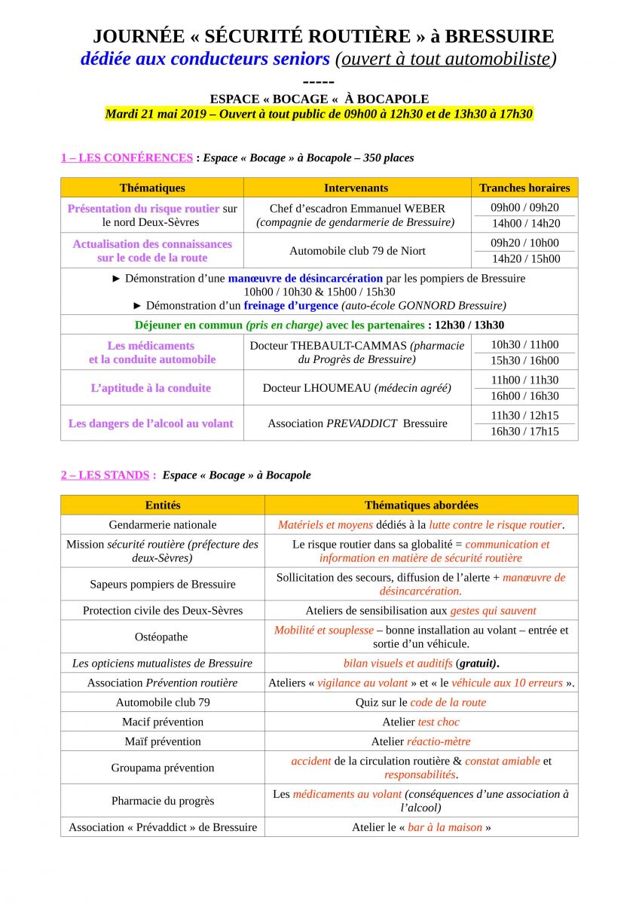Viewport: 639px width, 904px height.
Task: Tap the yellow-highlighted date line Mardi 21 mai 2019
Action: click(319, 115)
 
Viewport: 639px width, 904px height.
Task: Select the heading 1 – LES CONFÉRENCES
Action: click(127, 157)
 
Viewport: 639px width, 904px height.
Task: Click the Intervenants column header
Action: click(356, 188)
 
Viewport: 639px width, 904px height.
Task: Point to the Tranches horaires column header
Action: click(524, 188)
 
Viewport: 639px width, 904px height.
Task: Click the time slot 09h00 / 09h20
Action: click(524, 207)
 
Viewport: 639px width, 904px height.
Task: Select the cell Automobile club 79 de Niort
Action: click(356, 251)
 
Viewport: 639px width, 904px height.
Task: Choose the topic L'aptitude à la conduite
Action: click(151, 388)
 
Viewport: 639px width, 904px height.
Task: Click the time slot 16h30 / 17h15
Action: click(524, 432)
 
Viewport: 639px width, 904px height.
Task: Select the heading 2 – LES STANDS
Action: click(109, 475)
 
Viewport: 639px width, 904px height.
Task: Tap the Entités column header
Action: click(162, 505)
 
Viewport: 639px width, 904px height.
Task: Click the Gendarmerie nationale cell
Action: click(162, 524)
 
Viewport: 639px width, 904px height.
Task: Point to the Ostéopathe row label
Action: click(162, 637)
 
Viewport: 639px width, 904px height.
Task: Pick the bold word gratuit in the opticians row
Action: click(477, 663)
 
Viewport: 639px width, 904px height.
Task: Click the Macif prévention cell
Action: click(162, 722)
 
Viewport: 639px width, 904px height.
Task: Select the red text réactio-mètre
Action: click(439, 741)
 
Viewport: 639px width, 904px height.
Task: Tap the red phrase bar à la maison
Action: click(445, 827)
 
